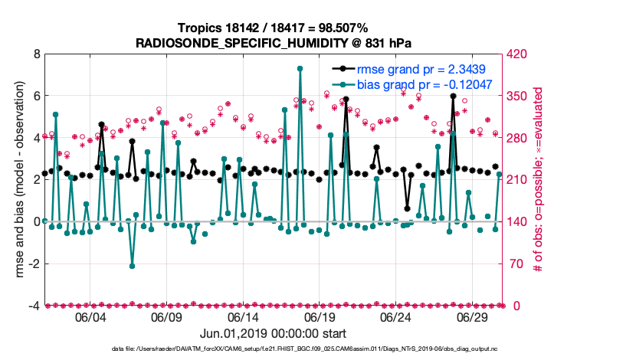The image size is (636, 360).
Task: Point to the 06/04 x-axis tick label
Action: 90,317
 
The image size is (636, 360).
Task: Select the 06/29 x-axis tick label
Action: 473,317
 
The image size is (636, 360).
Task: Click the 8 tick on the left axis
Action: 35,54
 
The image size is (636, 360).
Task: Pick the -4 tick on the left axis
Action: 33,306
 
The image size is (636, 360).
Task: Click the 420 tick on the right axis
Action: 517,54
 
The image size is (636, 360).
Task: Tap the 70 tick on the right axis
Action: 514,263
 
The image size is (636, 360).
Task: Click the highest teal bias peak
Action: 300,68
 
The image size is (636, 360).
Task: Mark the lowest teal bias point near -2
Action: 132,266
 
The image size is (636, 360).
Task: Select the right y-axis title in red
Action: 539,180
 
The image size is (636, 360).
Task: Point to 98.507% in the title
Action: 342,28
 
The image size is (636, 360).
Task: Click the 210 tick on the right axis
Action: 517,180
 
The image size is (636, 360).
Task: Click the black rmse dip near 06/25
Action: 407,208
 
